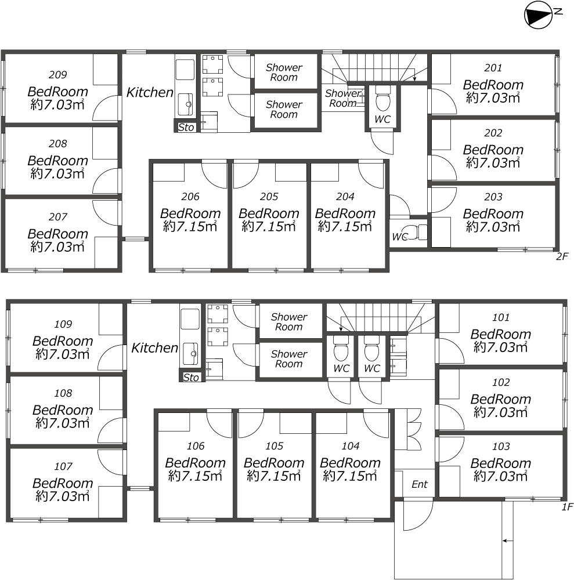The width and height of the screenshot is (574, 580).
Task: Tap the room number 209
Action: pyautogui.click(x=57, y=75)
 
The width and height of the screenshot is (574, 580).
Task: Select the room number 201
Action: pyautogui.click(x=493, y=68)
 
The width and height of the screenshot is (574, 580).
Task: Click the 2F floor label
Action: pyautogui.click(x=562, y=256)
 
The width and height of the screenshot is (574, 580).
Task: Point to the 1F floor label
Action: pyautogui.click(x=568, y=507)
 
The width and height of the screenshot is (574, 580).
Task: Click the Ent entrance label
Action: pyautogui.click(x=419, y=484)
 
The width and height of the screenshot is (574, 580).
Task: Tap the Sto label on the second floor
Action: pyautogui.click(x=186, y=127)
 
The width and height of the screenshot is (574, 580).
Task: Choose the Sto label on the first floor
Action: pyautogui.click(x=191, y=378)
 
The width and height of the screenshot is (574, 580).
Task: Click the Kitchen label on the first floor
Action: pyautogui.click(x=155, y=347)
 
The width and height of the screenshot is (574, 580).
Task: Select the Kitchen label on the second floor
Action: pyautogui.click(x=150, y=92)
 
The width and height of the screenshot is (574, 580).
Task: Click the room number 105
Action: pyautogui.click(x=275, y=445)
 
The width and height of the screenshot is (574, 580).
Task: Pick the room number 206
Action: pyautogui.click(x=190, y=197)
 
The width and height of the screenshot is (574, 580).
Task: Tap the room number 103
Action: pyautogui.click(x=501, y=446)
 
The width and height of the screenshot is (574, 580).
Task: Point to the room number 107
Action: pyautogui.click(x=63, y=466)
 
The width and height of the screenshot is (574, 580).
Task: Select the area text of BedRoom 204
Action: pyautogui.click(x=345, y=226)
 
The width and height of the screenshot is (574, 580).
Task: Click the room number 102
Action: pyautogui.click(x=501, y=382)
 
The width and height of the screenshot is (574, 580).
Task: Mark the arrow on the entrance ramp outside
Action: pyautogui.click(x=507, y=541)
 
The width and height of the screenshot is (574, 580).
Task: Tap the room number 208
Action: pyautogui.click(x=57, y=143)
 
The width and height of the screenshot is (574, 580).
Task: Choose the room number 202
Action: pyautogui.click(x=493, y=133)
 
